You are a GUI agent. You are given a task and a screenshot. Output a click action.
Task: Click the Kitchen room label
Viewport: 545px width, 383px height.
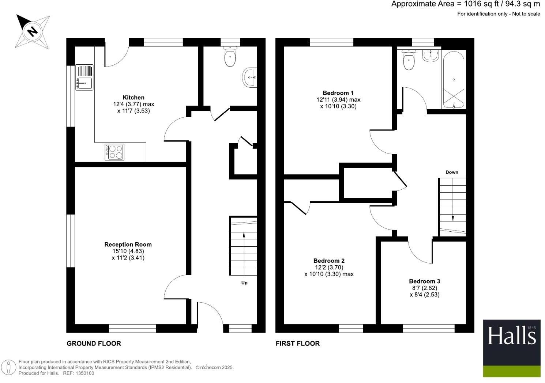pos(133,98)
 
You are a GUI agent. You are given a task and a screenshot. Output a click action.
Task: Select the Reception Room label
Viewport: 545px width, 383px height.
pos(128,244)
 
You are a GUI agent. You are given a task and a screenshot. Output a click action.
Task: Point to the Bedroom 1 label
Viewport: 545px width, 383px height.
pos(338,93)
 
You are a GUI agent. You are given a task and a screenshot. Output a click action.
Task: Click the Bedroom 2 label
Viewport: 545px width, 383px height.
pos(329,261)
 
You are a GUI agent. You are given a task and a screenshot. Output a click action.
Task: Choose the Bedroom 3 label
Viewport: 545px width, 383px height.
pos(424,281)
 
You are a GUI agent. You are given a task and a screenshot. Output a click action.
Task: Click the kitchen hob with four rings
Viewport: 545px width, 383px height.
pos(114,152)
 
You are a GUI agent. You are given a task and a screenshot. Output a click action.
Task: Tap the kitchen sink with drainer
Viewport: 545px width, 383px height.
pos(84,77)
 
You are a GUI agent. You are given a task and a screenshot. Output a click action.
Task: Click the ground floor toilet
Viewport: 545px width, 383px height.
pos(230,57)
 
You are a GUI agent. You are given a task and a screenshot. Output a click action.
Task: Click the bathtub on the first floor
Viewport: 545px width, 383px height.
pos(454,79)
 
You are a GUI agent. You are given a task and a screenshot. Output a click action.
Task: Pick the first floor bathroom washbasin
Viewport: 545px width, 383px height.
pos(430,56)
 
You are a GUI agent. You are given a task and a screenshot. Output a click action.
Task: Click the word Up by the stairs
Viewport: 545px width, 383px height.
pos(244,282)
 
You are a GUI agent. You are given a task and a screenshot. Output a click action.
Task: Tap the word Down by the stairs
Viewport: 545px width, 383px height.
pos(452,172)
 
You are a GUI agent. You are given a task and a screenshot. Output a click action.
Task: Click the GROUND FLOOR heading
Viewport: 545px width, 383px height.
pos(94,343)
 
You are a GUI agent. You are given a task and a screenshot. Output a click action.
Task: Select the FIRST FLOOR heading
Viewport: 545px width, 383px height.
pos(298,343)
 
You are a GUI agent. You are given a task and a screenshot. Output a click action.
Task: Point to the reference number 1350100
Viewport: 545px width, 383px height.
pos(84,373)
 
